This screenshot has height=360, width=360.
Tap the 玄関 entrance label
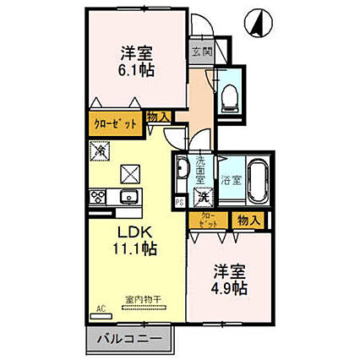[x=200, y=52]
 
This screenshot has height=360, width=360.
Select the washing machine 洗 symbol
[x=203, y=196]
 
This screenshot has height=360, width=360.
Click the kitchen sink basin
[x=128, y=198]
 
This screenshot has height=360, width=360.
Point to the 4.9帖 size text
[x=229, y=290]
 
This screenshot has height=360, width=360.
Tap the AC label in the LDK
[x=101, y=308]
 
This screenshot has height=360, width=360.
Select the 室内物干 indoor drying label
[x=141, y=300]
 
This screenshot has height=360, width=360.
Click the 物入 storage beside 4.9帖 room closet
[x=247, y=220]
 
